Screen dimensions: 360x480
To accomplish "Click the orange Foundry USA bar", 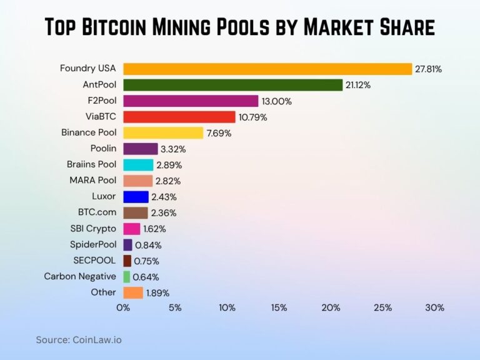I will click(x=267, y=69).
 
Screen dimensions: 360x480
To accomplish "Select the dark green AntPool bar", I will click(x=232, y=85).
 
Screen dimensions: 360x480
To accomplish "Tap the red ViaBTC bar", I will click(x=179, y=117).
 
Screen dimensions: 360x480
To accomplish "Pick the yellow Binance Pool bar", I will click(x=163, y=132).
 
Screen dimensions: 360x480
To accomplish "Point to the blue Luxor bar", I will click(x=136, y=197).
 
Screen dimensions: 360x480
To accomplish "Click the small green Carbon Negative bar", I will click(x=127, y=277).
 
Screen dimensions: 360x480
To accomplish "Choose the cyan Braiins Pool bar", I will click(x=138, y=165).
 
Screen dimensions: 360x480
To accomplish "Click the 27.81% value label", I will click(x=429, y=69).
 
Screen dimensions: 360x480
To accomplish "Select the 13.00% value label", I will click(x=277, y=101).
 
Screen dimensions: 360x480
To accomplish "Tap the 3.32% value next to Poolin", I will click(x=173, y=149).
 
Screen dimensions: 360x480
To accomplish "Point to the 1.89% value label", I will click(x=157, y=293).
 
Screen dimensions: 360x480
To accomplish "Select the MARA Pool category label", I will click(x=92, y=181).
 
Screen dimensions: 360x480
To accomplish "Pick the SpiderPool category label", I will click(x=93, y=244).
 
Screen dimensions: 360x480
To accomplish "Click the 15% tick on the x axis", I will click(x=279, y=307).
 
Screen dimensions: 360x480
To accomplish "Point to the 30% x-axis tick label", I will click(x=434, y=307).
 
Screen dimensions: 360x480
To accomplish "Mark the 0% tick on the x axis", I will click(x=123, y=307).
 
